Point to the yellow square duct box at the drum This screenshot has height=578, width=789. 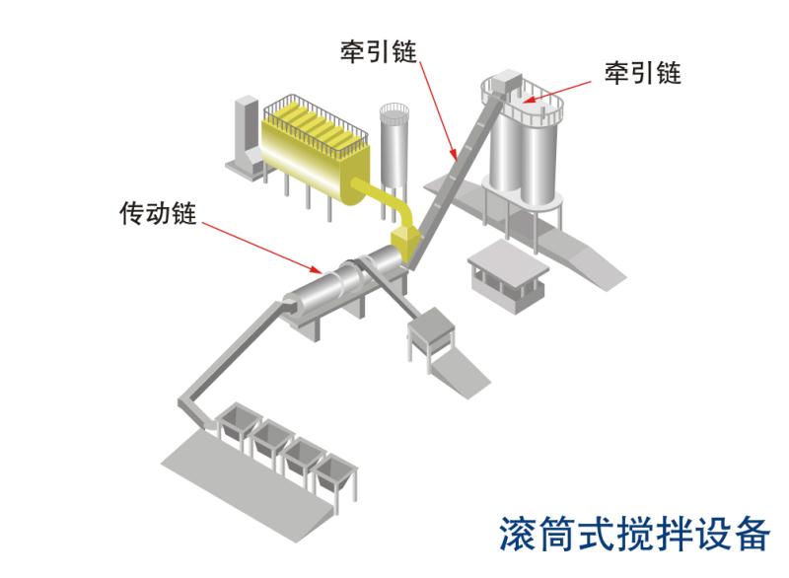click(405, 243)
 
